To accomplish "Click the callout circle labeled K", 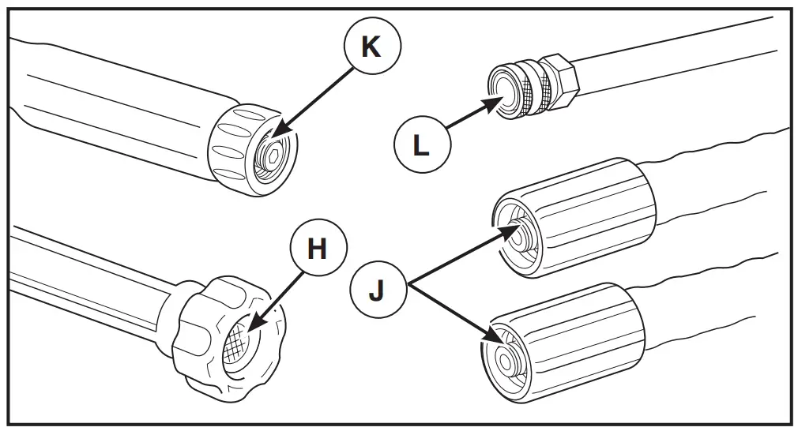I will click(370, 47).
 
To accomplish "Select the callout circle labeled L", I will click(421, 146).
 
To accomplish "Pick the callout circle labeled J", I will click(377, 290).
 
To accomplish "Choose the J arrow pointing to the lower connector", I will click(455, 313).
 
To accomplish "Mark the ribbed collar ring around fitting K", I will click(229, 150).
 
